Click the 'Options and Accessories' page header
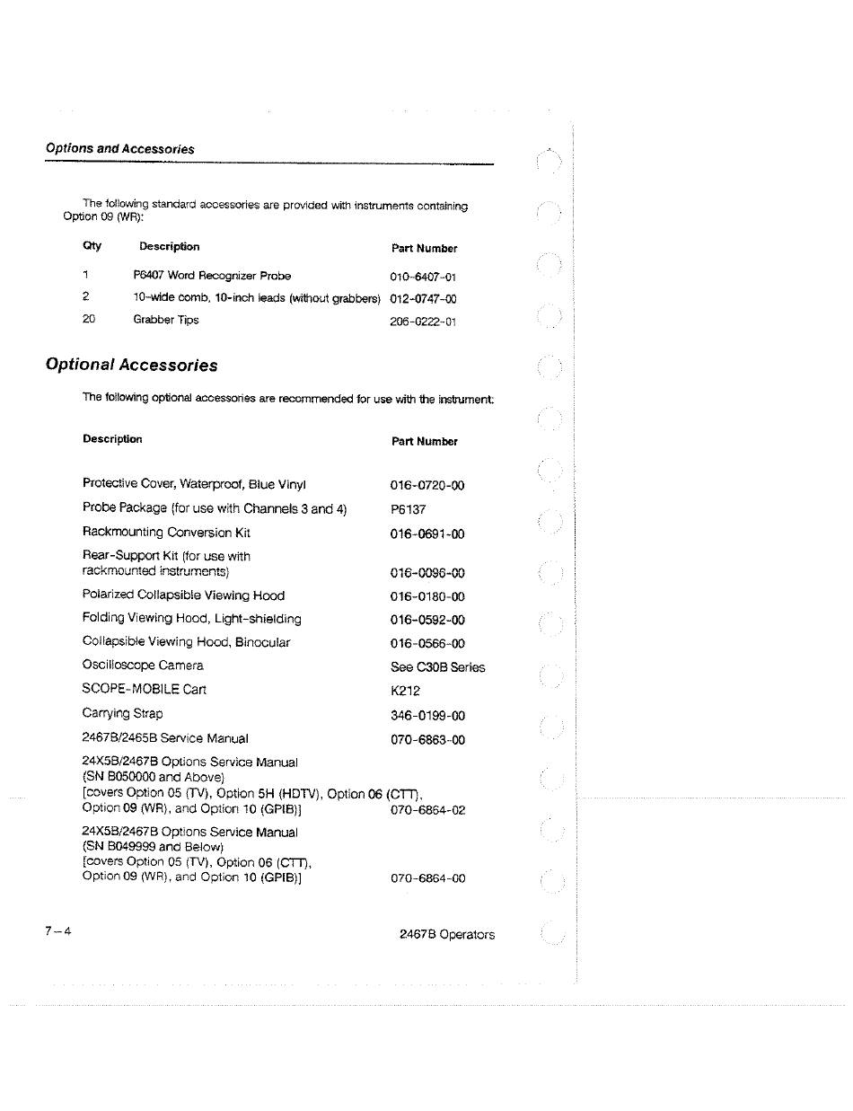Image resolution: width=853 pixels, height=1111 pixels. pos(120,149)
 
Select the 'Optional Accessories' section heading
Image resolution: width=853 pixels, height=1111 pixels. pos(132,366)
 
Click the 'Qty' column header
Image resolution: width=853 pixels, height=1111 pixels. pos(92,246)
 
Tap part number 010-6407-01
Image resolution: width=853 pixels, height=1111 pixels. pos(424,278)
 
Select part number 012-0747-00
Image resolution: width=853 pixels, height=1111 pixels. pos(424,299)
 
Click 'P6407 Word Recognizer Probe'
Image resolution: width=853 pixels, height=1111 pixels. pos(212,276)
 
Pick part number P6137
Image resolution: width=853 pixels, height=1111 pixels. pos(409,509)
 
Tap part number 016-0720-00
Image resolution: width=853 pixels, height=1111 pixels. pos(427,486)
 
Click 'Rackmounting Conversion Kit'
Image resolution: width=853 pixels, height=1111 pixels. pos(166,533)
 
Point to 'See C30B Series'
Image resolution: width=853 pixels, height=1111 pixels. pos(438,667)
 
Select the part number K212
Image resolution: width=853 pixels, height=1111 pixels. pos(406,692)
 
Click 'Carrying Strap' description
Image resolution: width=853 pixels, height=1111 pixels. pos(123,714)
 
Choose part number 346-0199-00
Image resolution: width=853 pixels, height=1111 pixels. pos(427,716)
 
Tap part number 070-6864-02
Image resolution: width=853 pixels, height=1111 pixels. pos(428,810)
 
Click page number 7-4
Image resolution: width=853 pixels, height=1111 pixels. pos(58,930)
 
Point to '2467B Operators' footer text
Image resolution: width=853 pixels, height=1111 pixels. pos(447,934)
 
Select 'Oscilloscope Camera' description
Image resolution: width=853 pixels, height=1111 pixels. pos(143,666)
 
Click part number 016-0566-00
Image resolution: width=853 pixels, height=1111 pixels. pos(427,644)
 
